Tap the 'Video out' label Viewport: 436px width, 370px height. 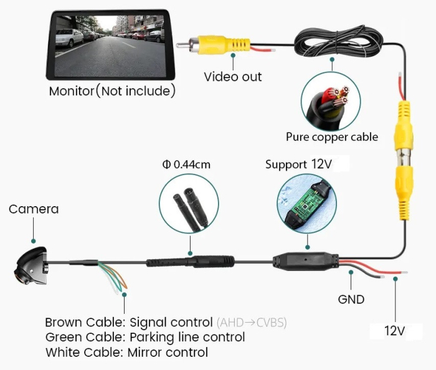point(233,77)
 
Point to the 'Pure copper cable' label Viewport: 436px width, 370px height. point(332,136)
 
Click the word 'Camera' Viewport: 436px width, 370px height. point(34,209)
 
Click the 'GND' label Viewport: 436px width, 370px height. point(351,299)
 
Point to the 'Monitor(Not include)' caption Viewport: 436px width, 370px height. point(112,91)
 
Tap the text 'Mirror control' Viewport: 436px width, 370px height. point(168,352)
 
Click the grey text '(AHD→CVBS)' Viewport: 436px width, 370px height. point(252,322)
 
